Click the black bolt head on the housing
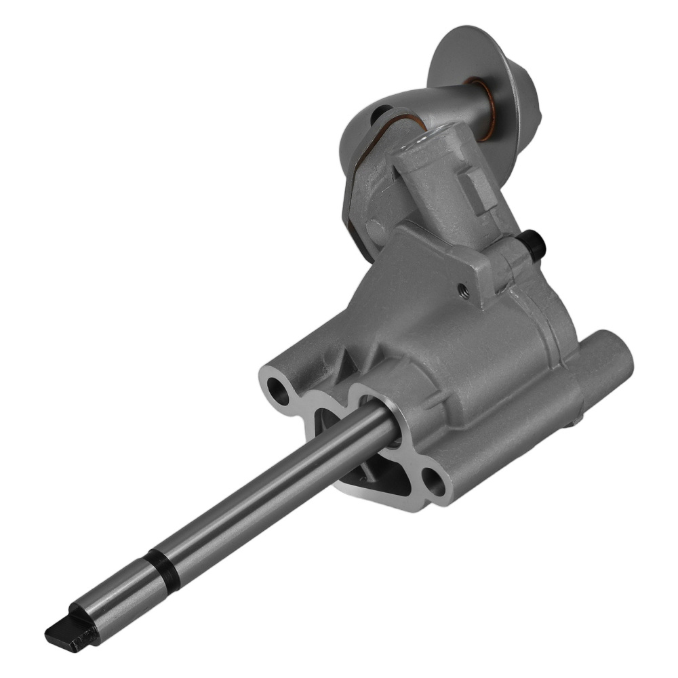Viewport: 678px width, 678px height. click(x=534, y=245)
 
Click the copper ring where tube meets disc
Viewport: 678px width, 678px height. click(x=483, y=108)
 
